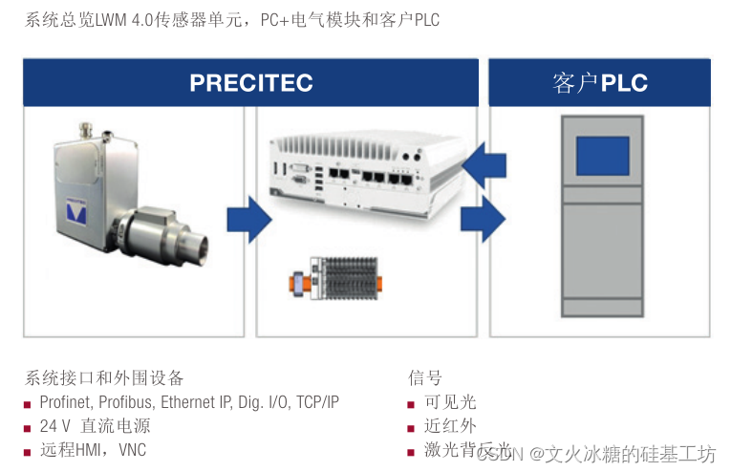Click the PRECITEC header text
pos(250,83)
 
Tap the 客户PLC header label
pos(599,83)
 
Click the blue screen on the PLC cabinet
pos(602,156)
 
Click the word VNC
pos(131,450)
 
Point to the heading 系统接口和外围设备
pos(104,377)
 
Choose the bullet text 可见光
pos(449,402)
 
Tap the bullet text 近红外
pos(449,426)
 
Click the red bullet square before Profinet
pos(29,403)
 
